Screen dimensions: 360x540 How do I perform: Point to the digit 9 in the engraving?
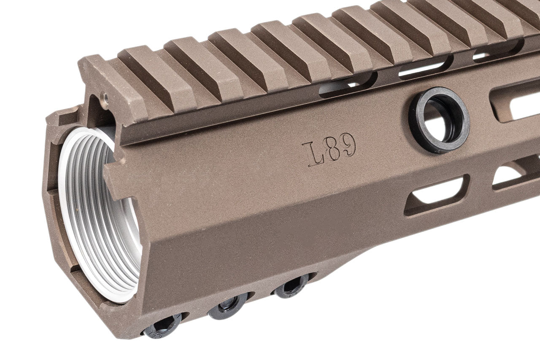point(348,146)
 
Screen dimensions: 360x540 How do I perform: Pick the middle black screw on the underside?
point(228,307)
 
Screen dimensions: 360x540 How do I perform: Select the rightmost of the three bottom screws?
point(291,287)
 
